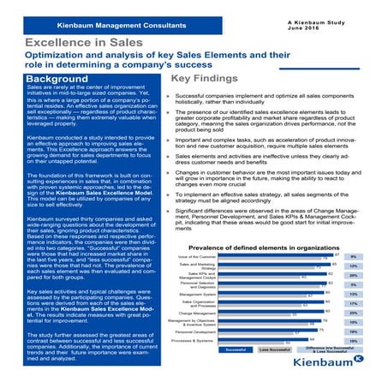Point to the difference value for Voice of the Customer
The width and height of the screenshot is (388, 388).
[x=353, y=257]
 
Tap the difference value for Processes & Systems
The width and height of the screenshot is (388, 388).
[x=353, y=341]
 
